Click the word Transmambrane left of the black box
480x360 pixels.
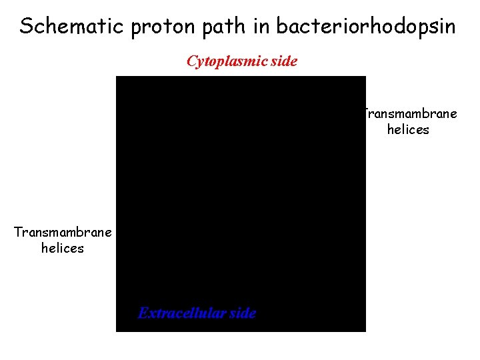(x=63, y=232)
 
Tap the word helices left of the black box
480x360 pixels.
(x=63, y=248)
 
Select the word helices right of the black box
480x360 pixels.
(x=408, y=129)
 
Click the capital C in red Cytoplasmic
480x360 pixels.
(x=192, y=62)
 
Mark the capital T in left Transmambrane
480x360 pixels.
(x=18, y=232)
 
